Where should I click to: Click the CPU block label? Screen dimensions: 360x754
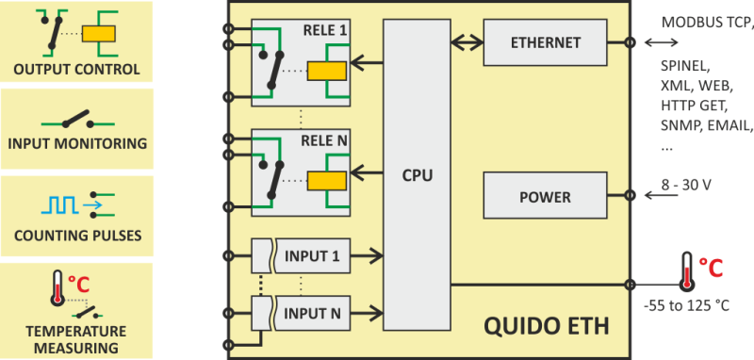point(418,174)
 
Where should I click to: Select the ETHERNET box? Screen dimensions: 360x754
point(545,42)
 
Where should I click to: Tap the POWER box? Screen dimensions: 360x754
point(545,197)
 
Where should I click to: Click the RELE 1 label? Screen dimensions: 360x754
point(323,30)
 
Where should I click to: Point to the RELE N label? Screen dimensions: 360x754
point(323,140)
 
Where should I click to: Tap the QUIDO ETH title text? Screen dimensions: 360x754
point(546,327)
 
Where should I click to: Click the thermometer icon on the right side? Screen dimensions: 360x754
point(686,270)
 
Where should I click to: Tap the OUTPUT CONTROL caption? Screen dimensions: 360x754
point(76,70)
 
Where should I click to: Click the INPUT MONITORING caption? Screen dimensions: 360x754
point(76,144)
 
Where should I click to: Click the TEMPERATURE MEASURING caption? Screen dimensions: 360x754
point(76,339)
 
